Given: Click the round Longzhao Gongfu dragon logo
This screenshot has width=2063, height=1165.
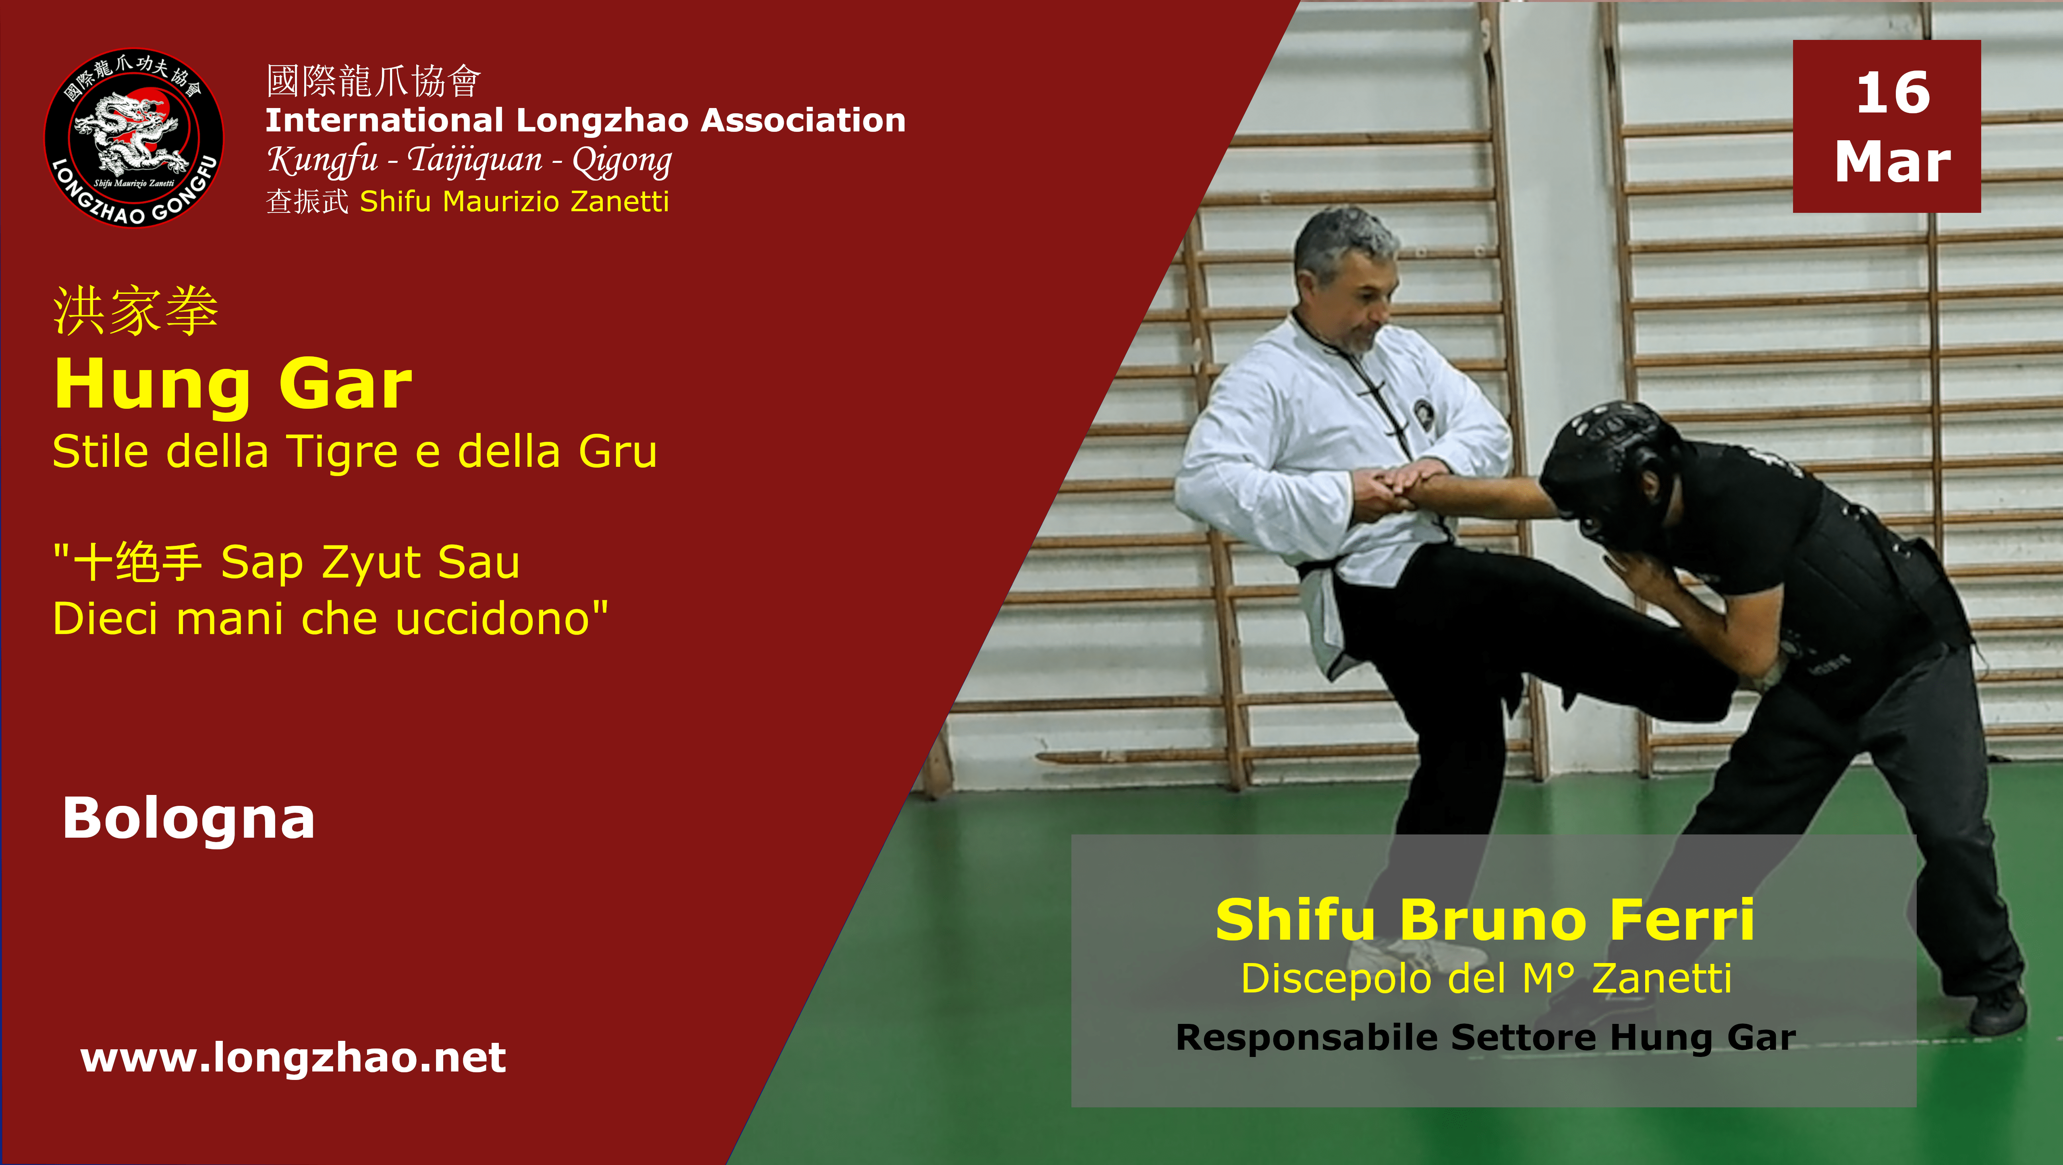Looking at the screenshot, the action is pyautogui.click(x=134, y=138).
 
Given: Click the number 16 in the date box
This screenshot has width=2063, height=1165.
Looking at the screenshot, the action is pyautogui.click(x=1893, y=93).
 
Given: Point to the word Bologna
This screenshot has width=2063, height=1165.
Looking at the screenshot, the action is pyautogui.click(x=189, y=819).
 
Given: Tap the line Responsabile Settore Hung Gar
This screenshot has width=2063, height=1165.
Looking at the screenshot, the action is pyautogui.click(x=1486, y=1038).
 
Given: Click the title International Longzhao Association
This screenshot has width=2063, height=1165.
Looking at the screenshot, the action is pyautogui.click(x=585, y=120).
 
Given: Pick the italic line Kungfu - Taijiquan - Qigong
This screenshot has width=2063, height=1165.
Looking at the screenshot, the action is pyautogui.click(x=469, y=160).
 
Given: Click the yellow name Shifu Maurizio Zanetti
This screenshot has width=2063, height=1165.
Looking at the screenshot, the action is pyautogui.click(x=514, y=201).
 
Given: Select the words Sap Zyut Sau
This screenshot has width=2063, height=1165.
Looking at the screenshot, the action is pyautogui.click(x=370, y=562).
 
